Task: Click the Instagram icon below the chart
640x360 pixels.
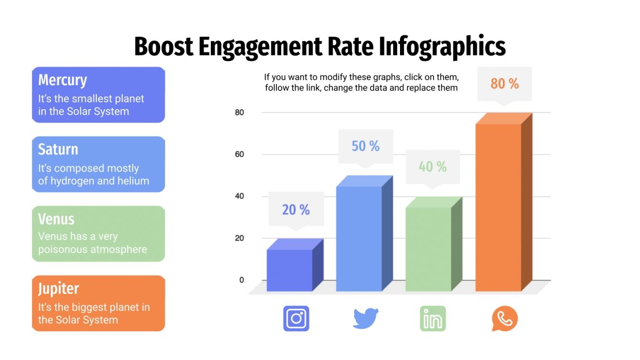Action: [296, 318]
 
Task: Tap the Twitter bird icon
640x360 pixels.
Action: [366, 318]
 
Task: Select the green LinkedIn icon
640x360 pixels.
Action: [433, 318]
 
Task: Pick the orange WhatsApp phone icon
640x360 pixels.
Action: [504, 318]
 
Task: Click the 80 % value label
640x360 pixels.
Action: [504, 84]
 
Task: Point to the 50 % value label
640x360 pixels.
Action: [366, 146]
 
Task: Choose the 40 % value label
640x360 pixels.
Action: [433, 167]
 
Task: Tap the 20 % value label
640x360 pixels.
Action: [296, 209]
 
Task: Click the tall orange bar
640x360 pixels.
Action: [498, 206]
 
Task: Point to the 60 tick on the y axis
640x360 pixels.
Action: [239, 154]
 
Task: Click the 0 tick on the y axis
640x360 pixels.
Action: [241, 280]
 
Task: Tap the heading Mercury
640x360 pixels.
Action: [62, 80]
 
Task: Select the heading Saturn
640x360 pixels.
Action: [58, 149]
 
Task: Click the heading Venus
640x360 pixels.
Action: [56, 219]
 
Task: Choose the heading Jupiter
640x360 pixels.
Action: [58, 289]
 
